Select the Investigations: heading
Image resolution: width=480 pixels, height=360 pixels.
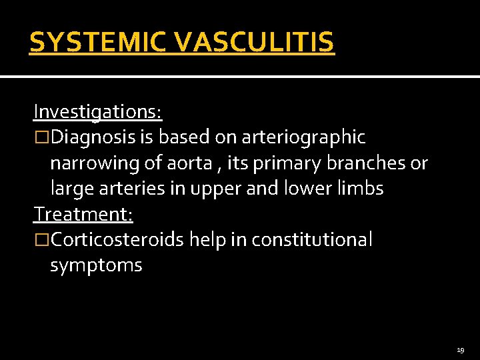[97, 112]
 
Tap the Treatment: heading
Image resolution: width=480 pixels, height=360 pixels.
[84, 214]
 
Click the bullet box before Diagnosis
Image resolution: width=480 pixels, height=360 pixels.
[41, 138]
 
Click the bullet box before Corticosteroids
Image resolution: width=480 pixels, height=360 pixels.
[41, 240]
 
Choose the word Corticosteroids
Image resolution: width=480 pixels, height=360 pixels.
[118, 239]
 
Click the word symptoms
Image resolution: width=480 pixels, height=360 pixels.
[96, 265]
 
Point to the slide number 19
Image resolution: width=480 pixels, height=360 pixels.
[461, 350]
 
